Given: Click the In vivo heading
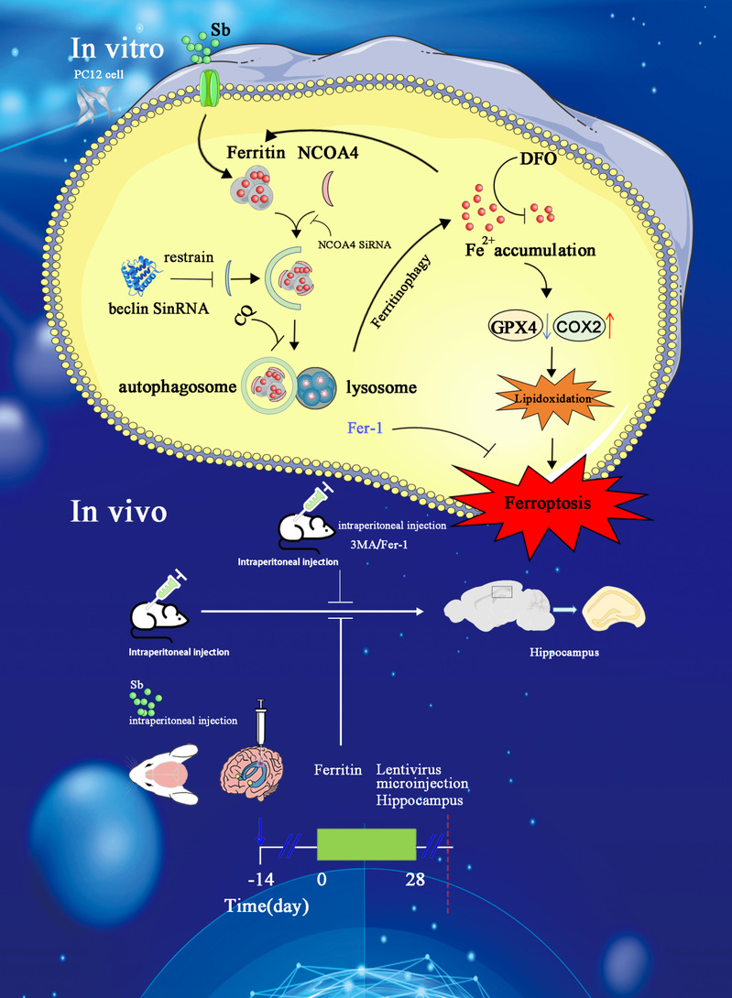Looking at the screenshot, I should point(118,511).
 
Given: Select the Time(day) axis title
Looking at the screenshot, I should point(267,906).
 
